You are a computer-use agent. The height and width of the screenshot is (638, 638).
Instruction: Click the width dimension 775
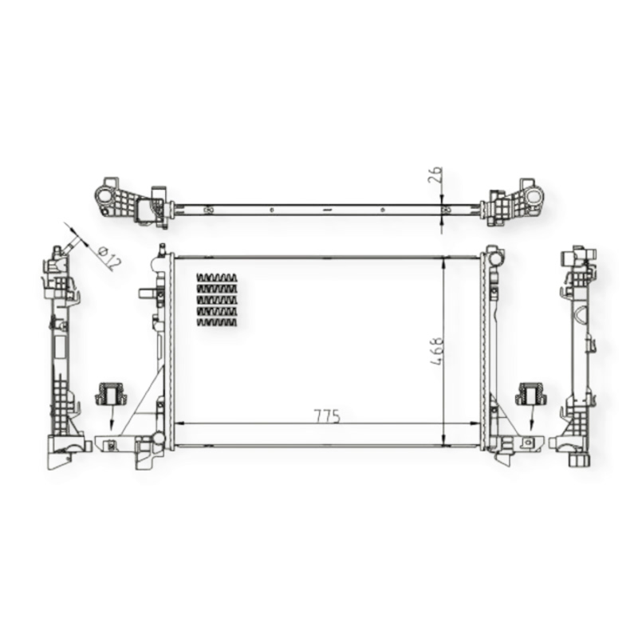tap(327, 416)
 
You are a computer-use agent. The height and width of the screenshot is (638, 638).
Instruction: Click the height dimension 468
tap(435, 351)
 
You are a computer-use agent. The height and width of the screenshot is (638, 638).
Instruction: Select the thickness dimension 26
tap(435, 175)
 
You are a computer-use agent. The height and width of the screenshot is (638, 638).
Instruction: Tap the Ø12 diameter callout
tap(108, 258)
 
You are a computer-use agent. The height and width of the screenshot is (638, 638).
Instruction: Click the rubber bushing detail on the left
tap(110, 393)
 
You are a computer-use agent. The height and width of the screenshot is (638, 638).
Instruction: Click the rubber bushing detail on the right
tap(531, 393)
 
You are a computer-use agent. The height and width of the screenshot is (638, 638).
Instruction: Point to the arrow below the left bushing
tap(111, 417)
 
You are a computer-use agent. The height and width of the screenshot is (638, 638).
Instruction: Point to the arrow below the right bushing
tap(531, 417)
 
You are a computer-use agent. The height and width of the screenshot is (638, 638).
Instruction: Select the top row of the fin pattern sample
tap(216, 278)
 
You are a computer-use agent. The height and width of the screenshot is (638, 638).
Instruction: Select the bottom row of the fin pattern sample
tap(216, 322)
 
